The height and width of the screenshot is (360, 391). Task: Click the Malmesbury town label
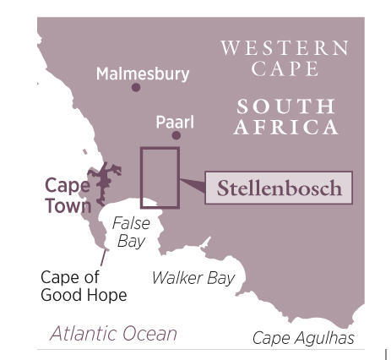coord(142,74)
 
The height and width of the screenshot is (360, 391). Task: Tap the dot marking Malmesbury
coord(136,87)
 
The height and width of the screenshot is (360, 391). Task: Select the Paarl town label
coord(175,123)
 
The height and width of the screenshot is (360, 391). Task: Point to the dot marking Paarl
coord(176,135)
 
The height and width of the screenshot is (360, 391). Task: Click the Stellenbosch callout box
coord(279,188)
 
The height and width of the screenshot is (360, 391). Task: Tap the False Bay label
coord(131,232)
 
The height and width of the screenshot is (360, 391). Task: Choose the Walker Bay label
coord(193,278)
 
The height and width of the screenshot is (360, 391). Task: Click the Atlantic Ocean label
coord(113,333)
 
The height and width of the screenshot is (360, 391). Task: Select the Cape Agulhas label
coord(303,338)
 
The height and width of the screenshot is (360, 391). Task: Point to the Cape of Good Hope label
coord(84,286)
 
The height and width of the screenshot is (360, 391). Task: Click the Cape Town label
coord(68,195)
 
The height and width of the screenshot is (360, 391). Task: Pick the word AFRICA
coord(285,128)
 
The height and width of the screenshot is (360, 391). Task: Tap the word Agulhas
coord(325,338)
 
